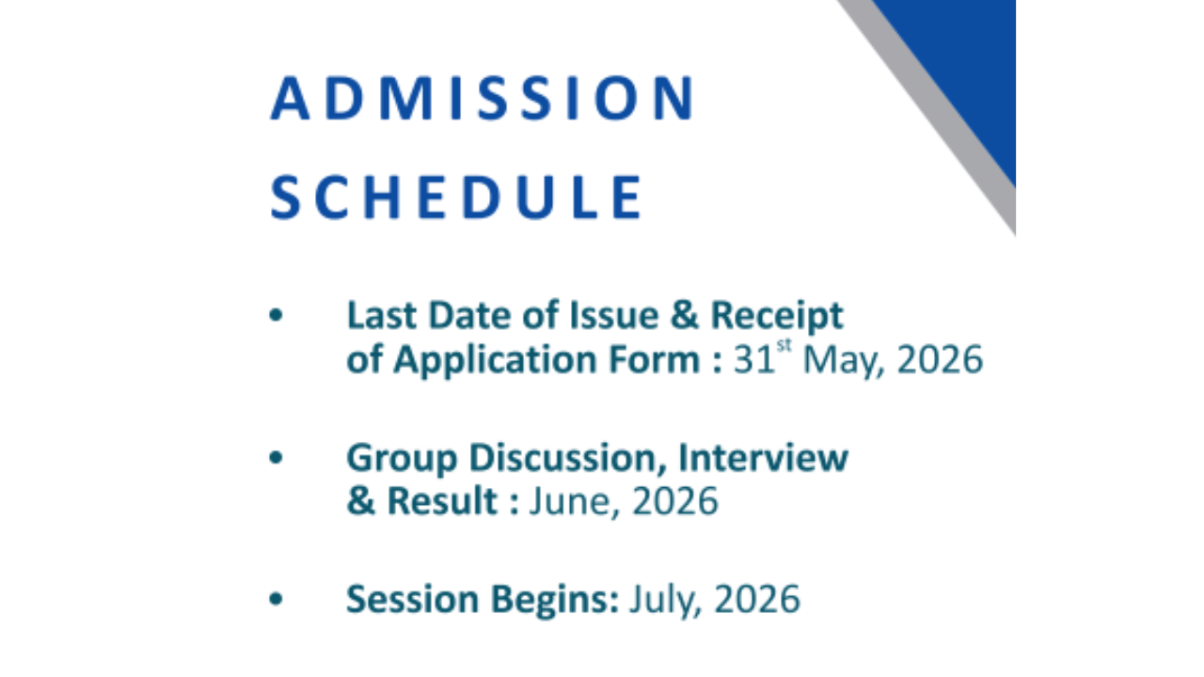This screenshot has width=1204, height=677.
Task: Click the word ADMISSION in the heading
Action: point(483,99)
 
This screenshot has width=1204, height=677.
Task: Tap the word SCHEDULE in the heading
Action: point(456,197)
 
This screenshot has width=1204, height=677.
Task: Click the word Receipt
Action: point(776,317)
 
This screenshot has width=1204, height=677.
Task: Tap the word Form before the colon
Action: point(661,359)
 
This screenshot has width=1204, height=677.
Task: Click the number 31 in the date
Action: point(752,360)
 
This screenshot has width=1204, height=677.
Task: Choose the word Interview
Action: point(763,459)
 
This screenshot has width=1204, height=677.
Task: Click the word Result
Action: point(441,501)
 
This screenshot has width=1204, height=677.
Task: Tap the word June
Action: point(571,502)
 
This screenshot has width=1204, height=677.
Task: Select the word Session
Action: point(415,599)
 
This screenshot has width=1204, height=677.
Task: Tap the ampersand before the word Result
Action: point(359,501)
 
